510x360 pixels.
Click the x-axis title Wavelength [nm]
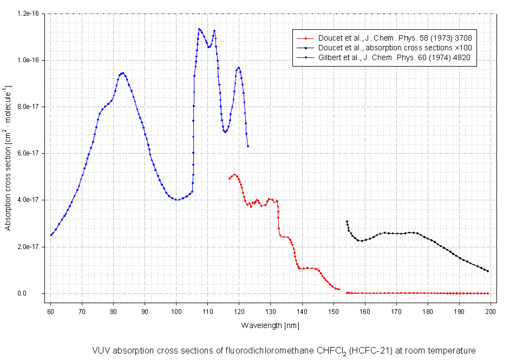point(270,325)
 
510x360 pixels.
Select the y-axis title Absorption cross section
point(8,157)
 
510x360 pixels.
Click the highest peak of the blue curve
point(199,29)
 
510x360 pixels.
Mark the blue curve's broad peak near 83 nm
point(122,73)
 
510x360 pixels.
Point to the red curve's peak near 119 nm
point(234,174)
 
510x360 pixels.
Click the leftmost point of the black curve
point(346,221)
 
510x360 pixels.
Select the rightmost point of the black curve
point(488,271)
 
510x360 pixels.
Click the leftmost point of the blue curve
point(51,235)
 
